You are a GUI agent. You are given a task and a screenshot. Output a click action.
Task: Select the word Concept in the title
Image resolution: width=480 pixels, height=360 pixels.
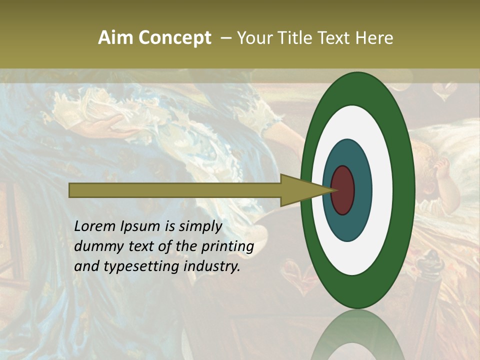(174, 38)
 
